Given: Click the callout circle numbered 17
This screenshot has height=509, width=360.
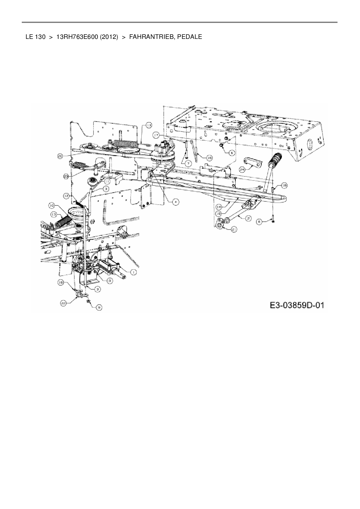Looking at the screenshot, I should [156, 135].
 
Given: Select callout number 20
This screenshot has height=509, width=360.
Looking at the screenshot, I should [60, 156].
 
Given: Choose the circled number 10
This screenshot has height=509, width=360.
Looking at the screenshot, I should [52, 205].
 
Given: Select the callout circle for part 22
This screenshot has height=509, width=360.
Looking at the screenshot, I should [64, 303].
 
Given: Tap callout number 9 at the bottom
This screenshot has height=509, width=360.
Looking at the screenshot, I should [99, 307].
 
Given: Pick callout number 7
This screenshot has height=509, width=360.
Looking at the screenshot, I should [188, 164].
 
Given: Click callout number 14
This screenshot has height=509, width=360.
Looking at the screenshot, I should [219, 206].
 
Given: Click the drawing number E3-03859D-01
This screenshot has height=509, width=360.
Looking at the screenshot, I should [296, 305].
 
